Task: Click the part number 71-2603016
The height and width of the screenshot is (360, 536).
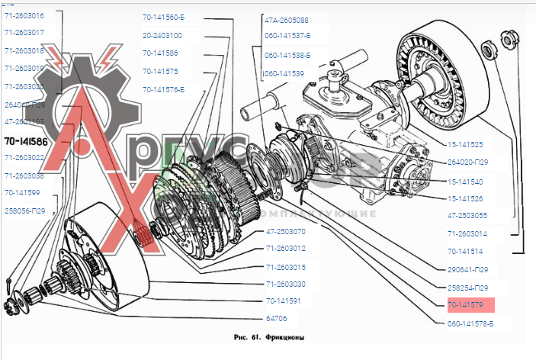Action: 24,15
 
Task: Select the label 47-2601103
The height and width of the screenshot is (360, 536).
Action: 24,121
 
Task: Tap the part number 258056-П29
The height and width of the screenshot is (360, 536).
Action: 25,210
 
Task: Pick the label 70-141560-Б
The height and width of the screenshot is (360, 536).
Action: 164,17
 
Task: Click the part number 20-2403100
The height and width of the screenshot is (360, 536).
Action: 162,35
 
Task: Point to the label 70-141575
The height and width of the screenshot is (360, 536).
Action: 160,71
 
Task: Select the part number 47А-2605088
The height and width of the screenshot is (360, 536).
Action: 287,21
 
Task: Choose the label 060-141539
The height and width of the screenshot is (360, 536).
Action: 284,74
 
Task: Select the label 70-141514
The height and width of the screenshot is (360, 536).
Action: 465,251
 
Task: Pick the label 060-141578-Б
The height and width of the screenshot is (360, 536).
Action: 473,323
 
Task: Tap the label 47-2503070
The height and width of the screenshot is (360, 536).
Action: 286,231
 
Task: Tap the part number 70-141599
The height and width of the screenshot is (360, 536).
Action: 23,192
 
